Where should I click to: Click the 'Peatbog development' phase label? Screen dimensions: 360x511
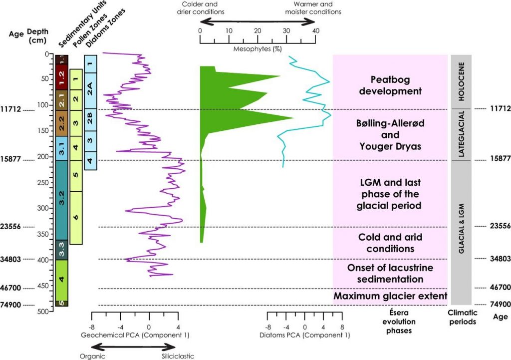point(390,85)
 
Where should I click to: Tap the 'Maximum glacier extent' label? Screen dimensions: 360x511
point(390,297)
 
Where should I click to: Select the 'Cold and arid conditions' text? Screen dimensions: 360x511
point(390,243)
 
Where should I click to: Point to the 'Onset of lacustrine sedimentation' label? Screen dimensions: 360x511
point(390,274)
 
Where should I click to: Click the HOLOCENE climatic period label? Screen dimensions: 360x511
point(461,81)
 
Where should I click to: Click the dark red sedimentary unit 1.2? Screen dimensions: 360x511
point(61,77)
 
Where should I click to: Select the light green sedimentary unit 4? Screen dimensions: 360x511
point(61,280)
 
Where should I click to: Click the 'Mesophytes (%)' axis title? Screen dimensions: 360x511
point(257,50)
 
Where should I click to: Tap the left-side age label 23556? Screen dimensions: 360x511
point(10,227)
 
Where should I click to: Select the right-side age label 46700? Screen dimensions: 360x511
point(500,288)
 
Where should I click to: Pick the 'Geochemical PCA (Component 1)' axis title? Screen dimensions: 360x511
point(135,335)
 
